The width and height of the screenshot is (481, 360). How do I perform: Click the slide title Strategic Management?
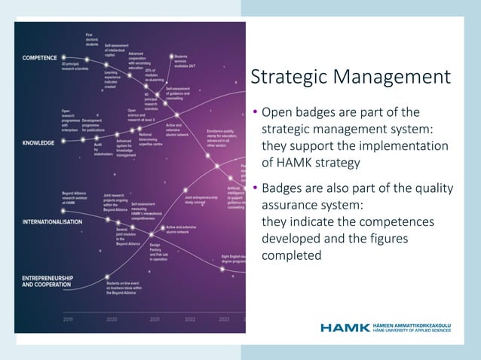[x=350, y=78]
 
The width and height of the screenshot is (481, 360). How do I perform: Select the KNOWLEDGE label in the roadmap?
[x=38, y=142]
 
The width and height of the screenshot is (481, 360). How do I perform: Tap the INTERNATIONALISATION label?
[x=52, y=222]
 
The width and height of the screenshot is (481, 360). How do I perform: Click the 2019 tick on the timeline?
[x=68, y=319]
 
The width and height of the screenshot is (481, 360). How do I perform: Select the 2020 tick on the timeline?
[x=112, y=319]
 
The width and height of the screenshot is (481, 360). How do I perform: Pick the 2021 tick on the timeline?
[x=155, y=319]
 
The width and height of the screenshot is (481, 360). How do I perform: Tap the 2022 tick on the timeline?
[x=190, y=319]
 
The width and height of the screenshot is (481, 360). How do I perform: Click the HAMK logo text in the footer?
[x=345, y=328]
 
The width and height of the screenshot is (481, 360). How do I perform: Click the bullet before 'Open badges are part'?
[x=255, y=113]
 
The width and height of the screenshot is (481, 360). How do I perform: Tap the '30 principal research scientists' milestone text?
[x=76, y=67]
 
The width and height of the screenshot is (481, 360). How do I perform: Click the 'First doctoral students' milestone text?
[x=92, y=39]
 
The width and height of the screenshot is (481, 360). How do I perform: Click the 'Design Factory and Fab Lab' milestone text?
[x=159, y=252]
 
